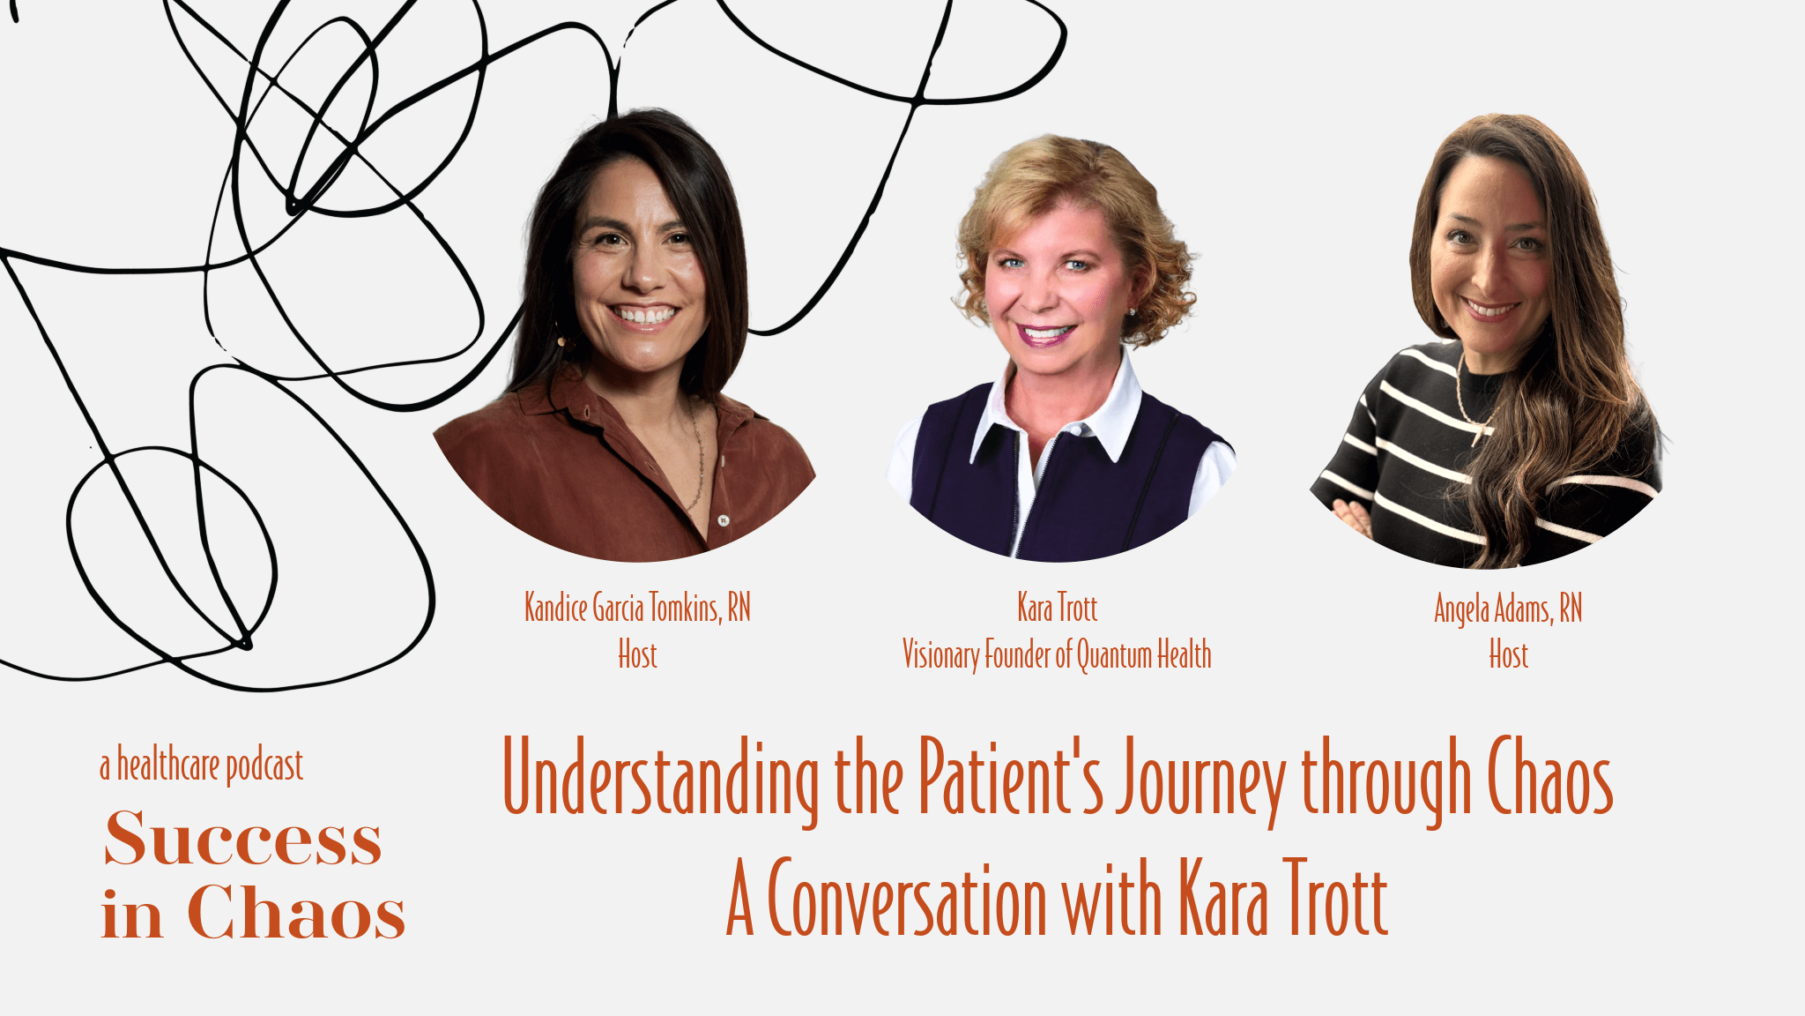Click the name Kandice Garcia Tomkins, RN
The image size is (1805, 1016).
(637, 608)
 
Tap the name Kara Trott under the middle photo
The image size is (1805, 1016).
(1057, 608)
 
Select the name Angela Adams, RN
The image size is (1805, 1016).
(1508, 609)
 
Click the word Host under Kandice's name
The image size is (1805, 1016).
(637, 655)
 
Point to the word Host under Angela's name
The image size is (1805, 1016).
(1508, 655)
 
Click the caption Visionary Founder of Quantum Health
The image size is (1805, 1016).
(1057, 655)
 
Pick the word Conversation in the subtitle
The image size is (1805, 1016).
(907, 898)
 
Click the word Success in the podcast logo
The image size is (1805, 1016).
(243, 838)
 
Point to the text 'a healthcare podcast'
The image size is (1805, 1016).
(202, 766)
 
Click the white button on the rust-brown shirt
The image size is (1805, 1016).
(723, 520)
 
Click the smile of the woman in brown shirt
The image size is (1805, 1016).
(644, 315)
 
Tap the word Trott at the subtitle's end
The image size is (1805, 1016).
(1335, 898)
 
